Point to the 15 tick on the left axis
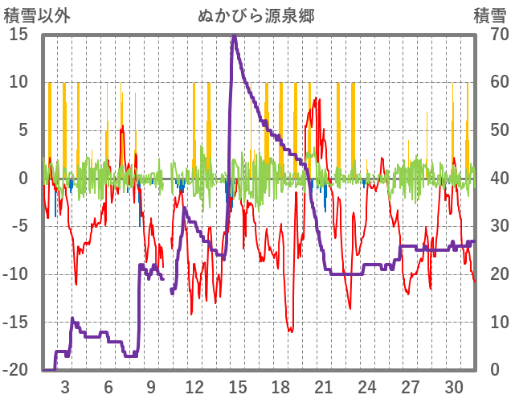tap(18, 35)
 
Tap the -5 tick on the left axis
tap(18, 226)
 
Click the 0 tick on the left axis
tap(23, 179)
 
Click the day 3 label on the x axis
tap(65, 385)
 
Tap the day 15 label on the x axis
tap(237, 385)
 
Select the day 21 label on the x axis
tap(324, 385)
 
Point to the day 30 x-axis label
tap(453, 385)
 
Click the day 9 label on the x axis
tap(151, 385)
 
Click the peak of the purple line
tap(234, 36)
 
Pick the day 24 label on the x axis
tap(367, 385)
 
